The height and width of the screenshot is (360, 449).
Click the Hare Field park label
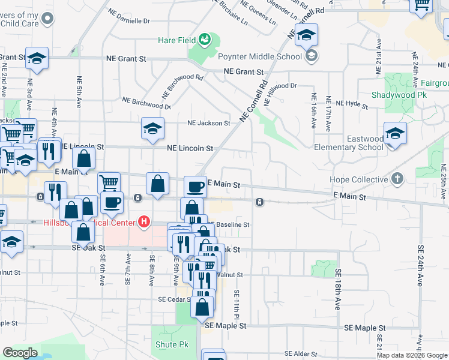[x=176, y=40]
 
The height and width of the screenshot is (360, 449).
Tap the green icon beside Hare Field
[x=205, y=40]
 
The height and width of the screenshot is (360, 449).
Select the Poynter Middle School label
[x=268, y=57]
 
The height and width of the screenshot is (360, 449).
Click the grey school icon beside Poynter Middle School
[x=311, y=57]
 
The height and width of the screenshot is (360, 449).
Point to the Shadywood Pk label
[x=399, y=95]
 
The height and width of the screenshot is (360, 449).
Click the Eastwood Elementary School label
[x=357, y=143]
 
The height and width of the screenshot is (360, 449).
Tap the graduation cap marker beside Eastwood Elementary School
[x=395, y=134]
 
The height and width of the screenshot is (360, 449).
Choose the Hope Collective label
[x=359, y=179]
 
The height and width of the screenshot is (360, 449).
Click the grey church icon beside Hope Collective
[x=397, y=179]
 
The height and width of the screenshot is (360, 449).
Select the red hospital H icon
[x=143, y=222]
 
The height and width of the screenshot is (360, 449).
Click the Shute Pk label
[x=172, y=344]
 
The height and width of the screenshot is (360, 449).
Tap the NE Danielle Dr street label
[x=128, y=20]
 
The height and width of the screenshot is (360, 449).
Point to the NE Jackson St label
[x=208, y=123]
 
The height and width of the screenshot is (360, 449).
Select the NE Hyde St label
[x=352, y=104]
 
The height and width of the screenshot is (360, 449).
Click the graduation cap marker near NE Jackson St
[x=152, y=128]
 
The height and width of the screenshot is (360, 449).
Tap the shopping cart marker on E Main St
[x=108, y=182]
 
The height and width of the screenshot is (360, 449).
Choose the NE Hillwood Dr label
[x=280, y=86]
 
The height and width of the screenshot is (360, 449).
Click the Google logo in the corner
[x=20, y=353]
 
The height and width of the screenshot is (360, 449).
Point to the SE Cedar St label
[x=174, y=299]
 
